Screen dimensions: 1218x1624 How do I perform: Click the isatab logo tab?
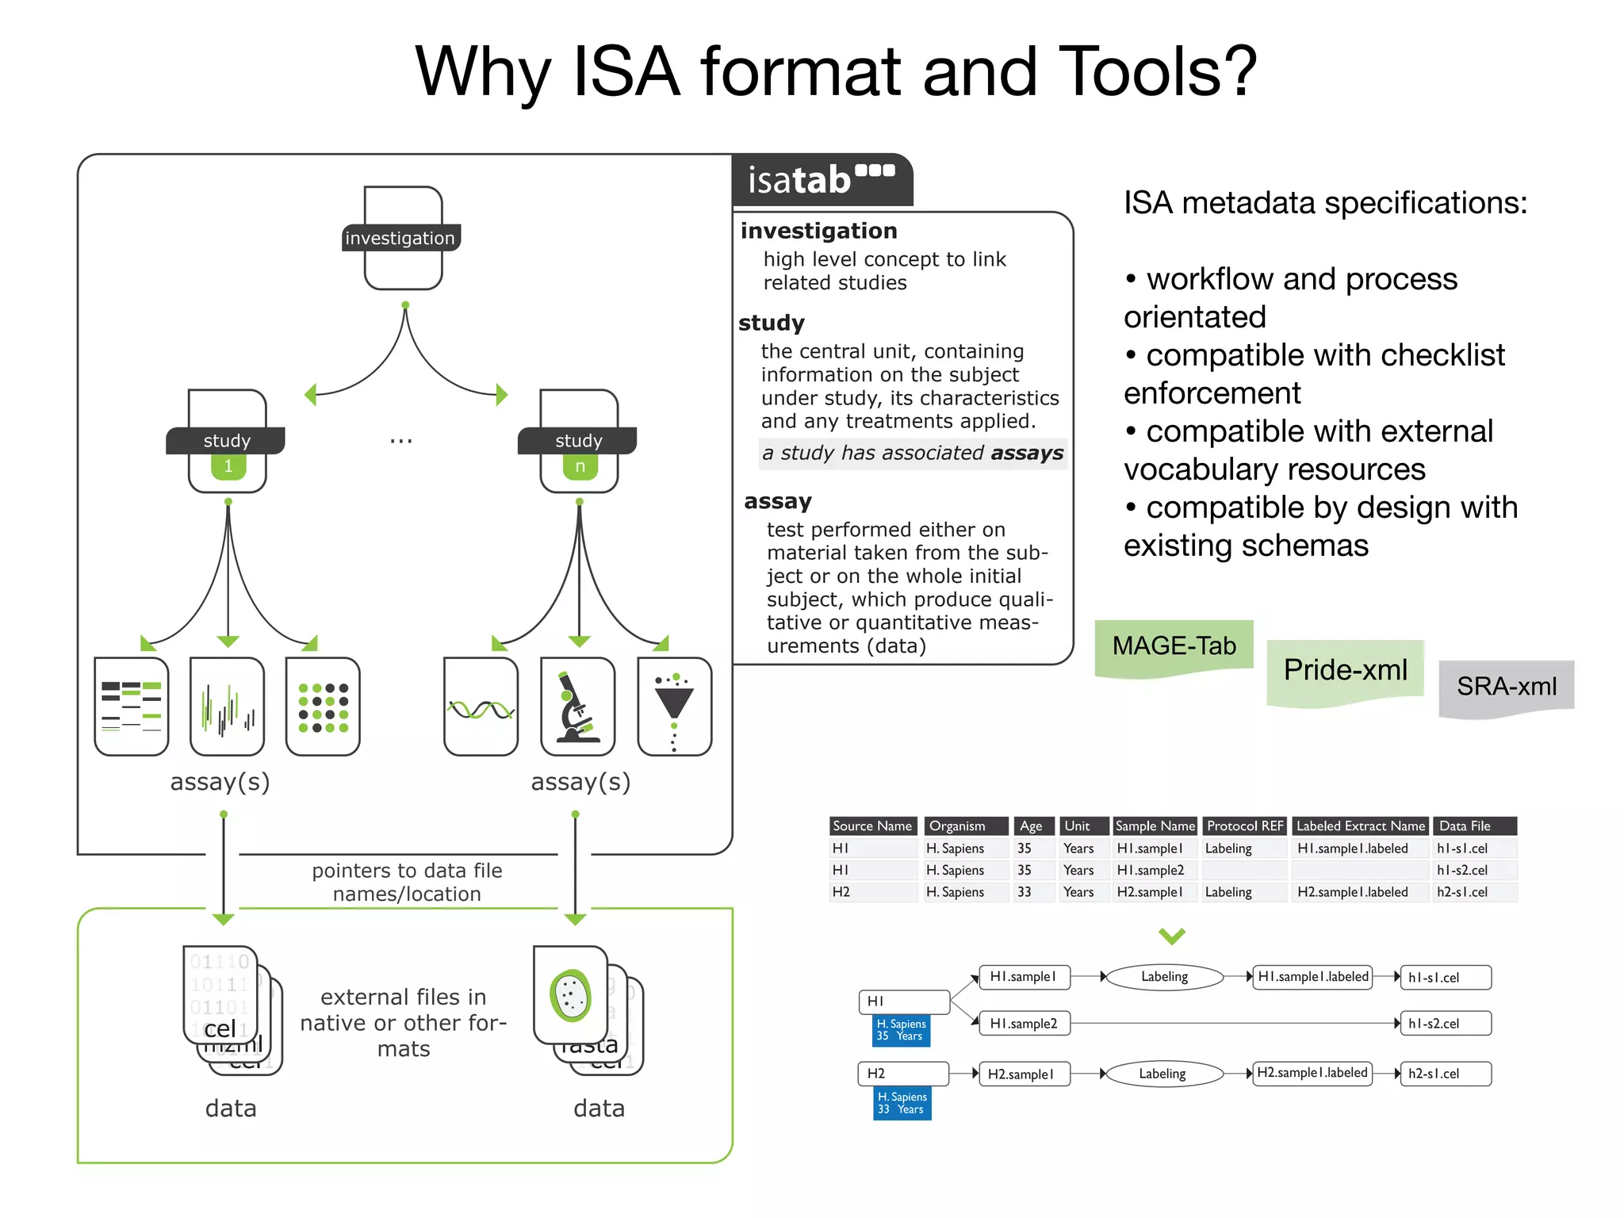click(x=822, y=180)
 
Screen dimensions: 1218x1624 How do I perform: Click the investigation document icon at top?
click(x=403, y=238)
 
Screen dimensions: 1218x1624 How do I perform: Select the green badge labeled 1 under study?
click(x=228, y=466)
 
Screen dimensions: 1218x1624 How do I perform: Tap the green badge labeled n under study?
click(x=580, y=466)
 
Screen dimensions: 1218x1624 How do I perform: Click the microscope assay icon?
click(x=578, y=707)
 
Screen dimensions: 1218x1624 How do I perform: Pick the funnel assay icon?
click(x=674, y=707)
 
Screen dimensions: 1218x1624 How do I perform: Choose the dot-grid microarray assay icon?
click(x=323, y=707)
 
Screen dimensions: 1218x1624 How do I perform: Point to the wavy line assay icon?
click(x=481, y=707)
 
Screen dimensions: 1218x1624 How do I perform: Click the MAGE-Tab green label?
click(x=1174, y=646)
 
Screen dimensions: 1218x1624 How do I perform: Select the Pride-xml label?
click(x=1345, y=670)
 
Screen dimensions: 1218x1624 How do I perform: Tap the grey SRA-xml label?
click(x=1506, y=687)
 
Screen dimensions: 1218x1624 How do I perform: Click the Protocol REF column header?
click(x=1244, y=825)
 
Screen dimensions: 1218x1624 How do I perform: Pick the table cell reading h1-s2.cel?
click(x=1462, y=870)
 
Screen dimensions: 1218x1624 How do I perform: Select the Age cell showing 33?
click(x=1025, y=892)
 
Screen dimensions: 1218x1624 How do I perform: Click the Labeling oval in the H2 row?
click(x=1162, y=1074)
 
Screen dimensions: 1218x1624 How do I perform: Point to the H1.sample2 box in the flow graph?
click(x=1024, y=1024)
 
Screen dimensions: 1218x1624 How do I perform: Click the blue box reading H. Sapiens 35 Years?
click(x=901, y=1030)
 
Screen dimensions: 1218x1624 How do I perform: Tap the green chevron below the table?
click(x=1171, y=936)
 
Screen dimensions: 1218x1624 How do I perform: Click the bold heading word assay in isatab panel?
click(x=778, y=501)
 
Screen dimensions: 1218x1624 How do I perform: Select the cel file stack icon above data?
click(x=228, y=1007)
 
